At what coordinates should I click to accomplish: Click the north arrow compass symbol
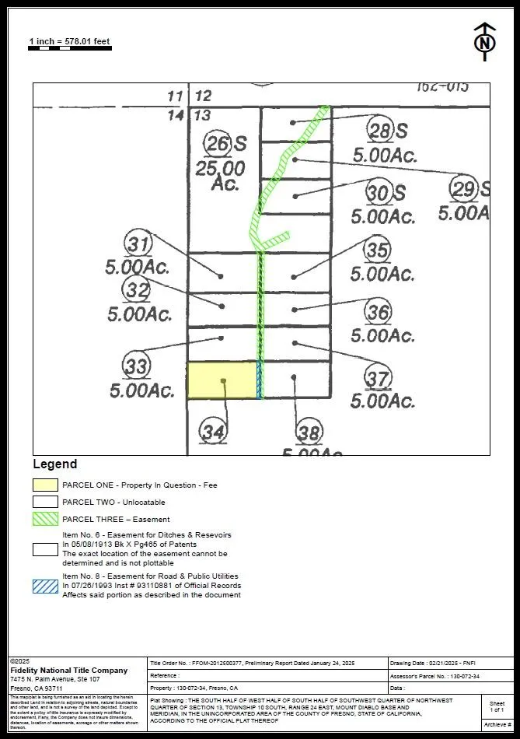484,42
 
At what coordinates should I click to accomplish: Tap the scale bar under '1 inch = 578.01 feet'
69,49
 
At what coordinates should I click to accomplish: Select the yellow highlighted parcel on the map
222,380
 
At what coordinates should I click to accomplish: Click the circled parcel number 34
214,430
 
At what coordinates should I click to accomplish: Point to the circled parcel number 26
218,143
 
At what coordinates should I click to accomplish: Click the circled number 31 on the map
138,244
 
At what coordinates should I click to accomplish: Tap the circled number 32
138,291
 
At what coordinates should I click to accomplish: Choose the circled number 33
137,366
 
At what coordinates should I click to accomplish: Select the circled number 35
378,250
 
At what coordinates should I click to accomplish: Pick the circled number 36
378,313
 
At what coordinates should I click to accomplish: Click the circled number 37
378,379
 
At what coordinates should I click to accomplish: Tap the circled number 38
309,433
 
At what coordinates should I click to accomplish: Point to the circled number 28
380,130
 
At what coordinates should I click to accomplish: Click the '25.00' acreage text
221,167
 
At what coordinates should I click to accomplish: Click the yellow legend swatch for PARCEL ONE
45,485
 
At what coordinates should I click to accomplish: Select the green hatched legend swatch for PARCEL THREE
45,519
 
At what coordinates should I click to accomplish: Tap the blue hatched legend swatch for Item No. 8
45,586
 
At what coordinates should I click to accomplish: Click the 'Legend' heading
54,464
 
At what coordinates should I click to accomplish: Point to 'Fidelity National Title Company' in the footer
69,670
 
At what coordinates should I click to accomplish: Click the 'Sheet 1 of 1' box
497,706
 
